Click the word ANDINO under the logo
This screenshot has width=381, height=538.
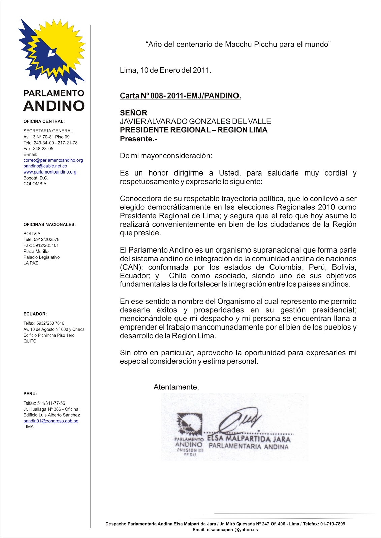point(54,106)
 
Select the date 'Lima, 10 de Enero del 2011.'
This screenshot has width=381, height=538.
point(165,70)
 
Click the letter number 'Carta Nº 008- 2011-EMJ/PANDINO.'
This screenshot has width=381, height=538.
point(180,96)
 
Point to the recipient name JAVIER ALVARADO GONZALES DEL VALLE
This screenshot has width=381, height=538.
point(195,121)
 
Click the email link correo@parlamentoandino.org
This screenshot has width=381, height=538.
point(53,160)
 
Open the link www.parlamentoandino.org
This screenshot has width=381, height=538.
point(50,172)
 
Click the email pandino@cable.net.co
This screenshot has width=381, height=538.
point(45,166)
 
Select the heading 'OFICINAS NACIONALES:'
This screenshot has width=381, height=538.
point(50,224)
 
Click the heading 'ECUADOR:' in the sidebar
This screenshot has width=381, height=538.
point(35,314)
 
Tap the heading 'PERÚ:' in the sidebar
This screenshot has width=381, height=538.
point(30,394)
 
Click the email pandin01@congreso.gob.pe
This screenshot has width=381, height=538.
point(51,421)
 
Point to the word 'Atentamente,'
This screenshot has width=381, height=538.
point(176,387)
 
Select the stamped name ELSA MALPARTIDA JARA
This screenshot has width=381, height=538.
point(248,439)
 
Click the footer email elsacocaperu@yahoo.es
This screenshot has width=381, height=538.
point(232,530)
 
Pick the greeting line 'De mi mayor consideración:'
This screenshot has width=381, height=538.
point(166,156)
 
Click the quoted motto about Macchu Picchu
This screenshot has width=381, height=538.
point(238,44)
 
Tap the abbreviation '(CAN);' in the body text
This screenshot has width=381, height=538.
point(131,267)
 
